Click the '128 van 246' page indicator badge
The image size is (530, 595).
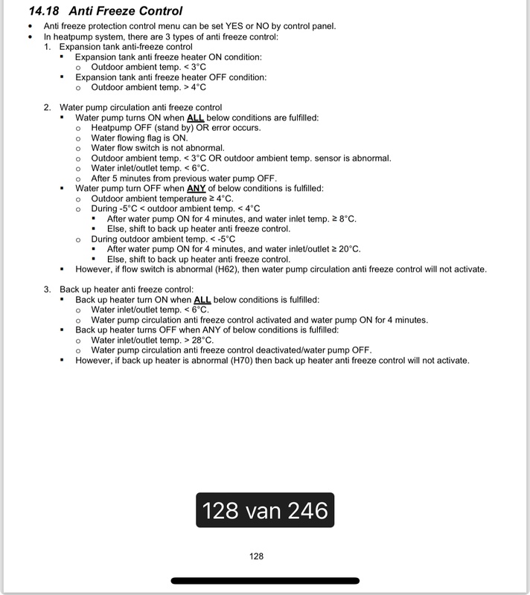264,511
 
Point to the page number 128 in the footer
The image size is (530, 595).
256,556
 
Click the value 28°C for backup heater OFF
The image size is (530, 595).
200,340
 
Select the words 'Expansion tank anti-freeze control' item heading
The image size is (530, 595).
127,46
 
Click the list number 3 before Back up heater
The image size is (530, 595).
47,289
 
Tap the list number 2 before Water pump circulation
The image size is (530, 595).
47,107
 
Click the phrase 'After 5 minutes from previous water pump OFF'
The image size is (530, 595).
183,178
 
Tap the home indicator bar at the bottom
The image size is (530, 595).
264,581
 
